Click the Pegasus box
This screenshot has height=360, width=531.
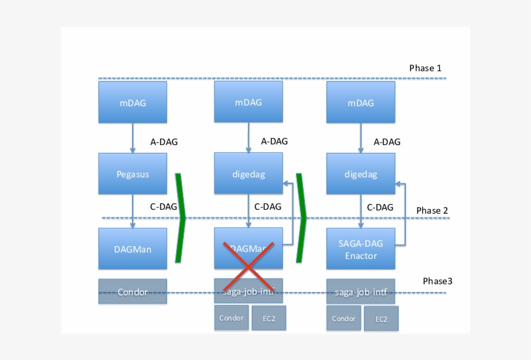click(x=133, y=174)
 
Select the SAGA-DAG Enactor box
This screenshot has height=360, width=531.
click(x=361, y=249)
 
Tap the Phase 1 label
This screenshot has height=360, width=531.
click(x=425, y=68)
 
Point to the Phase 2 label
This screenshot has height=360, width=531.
click(x=432, y=210)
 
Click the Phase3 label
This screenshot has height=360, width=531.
click(x=438, y=281)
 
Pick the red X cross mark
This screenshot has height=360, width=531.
click(x=249, y=266)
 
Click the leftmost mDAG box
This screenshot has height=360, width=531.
click(x=133, y=102)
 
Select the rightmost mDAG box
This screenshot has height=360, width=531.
click(x=361, y=102)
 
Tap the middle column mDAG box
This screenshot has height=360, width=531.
click(x=249, y=102)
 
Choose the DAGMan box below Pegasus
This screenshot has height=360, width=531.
click(x=133, y=249)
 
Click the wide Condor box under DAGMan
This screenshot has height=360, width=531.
click(x=133, y=291)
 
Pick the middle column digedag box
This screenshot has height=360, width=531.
click(x=249, y=174)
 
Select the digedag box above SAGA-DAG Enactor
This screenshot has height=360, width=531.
click(x=361, y=174)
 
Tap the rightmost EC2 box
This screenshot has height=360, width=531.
click(x=381, y=319)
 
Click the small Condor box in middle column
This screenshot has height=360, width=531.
click(x=231, y=318)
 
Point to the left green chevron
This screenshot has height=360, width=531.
click(x=181, y=218)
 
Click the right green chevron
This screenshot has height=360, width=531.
click(x=300, y=218)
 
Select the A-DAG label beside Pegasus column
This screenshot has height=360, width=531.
click(x=164, y=142)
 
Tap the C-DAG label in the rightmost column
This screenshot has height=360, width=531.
click(x=380, y=208)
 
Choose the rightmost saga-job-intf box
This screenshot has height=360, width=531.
click(x=361, y=291)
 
